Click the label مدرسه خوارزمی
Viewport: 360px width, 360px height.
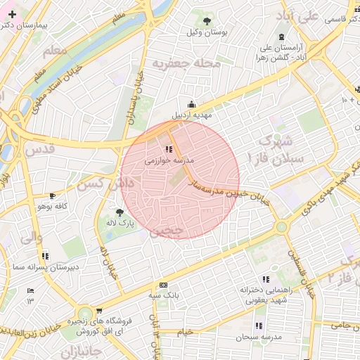coord(169,160)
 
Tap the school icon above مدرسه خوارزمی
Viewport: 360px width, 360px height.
coord(169,149)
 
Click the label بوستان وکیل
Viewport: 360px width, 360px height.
coord(206,33)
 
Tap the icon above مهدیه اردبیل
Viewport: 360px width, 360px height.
coord(192,104)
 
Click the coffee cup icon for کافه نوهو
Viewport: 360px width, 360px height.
coord(52,195)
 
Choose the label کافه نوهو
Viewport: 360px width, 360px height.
coord(52,206)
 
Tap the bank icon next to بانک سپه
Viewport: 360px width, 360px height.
coord(163,285)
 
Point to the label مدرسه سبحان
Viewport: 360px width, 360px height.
coord(259,337)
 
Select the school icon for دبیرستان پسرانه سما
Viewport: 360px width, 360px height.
coord(46,256)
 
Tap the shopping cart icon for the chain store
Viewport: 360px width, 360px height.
coord(99,310)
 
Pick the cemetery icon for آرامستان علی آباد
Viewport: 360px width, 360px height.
coord(282,37)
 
